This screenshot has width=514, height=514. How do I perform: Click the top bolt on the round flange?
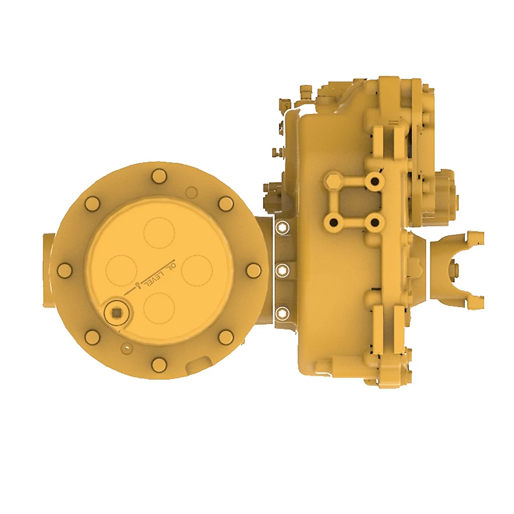tap(160, 177)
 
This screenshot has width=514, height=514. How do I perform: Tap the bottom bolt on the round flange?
tap(160, 365)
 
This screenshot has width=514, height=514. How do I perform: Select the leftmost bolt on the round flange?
tap(65, 270)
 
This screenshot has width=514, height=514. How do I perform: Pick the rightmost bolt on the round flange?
tap(253, 270)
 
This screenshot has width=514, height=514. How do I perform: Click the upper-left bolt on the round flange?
tap(92, 204)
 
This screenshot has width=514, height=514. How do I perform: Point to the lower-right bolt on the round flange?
tap(226, 337)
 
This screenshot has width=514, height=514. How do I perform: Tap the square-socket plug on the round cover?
tap(116, 313)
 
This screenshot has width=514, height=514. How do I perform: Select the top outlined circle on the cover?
tap(160, 233)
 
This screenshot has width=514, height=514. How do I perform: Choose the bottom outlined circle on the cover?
tap(160, 308)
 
